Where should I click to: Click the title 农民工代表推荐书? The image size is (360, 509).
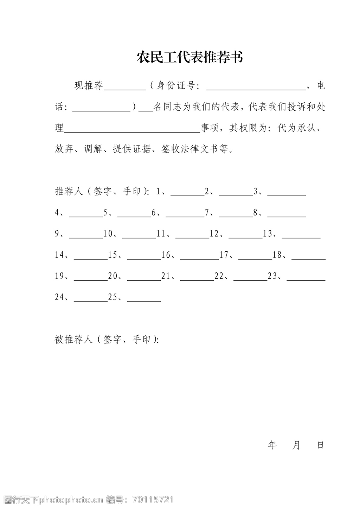pyautogui.click(x=190, y=57)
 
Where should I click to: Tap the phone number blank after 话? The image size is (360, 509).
pyautogui.click(x=101, y=110)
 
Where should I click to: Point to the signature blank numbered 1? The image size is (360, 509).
pyautogui.click(x=187, y=194)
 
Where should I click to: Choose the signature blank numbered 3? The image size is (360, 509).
pyautogui.click(x=287, y=194)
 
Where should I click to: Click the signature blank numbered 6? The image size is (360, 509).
pyautogui.click(x=185, y=215)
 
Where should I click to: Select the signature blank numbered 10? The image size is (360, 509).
pyautogui.click(x=139, y=236)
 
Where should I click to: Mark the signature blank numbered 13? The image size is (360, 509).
pyautogui.click(x=301, y=236)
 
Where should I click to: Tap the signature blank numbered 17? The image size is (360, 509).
pyautogui.click(x=255, y=258)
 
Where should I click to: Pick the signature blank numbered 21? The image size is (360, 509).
pyautogui.click(x=197, y=279)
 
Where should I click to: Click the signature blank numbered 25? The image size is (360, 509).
pyautogui.click(x=144, y=300)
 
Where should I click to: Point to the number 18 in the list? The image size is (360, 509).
pyautogui.click(x=277, y=255)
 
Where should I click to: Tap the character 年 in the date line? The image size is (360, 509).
pyautogui.click(x=272, y=445)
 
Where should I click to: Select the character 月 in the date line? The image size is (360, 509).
pyautogui.click(x=296, y=445)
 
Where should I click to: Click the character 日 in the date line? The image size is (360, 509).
pyautogui.click(x=320, y=445)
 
